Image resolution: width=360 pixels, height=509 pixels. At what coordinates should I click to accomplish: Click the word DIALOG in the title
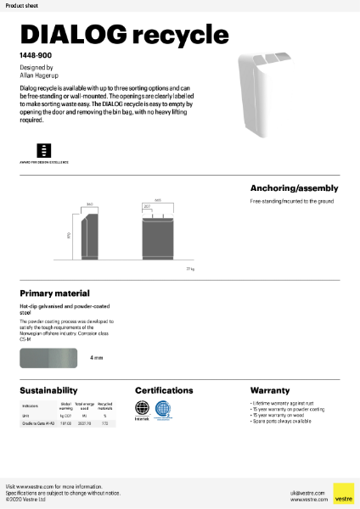(73, 34)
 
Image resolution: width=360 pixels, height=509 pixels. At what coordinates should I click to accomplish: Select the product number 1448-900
(35, 55)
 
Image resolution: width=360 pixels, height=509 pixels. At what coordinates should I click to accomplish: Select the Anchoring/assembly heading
(294, 188)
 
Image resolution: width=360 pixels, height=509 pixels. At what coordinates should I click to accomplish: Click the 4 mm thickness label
(96, 358)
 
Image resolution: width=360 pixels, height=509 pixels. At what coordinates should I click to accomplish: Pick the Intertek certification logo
(143, 410)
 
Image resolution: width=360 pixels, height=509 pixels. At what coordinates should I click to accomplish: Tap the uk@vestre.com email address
(302, 491)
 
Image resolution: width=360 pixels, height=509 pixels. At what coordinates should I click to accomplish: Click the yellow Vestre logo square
(343, 494)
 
